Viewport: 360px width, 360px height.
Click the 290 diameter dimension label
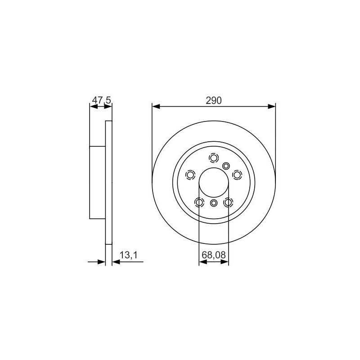click(x=214, y=100)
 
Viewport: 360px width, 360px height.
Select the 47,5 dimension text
click(x=102, y=100)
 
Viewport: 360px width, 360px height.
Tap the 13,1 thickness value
click(x=129, y=255)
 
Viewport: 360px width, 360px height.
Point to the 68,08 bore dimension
click(x=214, y=255)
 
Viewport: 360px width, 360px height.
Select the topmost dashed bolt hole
click(x=214, y=158)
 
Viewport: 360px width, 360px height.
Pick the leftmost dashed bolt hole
click(x=190, y=175)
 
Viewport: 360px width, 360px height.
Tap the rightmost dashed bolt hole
click(x=237, y=175)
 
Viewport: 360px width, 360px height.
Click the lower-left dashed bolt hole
click(x=199, y=202)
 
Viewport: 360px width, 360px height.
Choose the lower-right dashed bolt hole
click(x=228, y=202)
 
